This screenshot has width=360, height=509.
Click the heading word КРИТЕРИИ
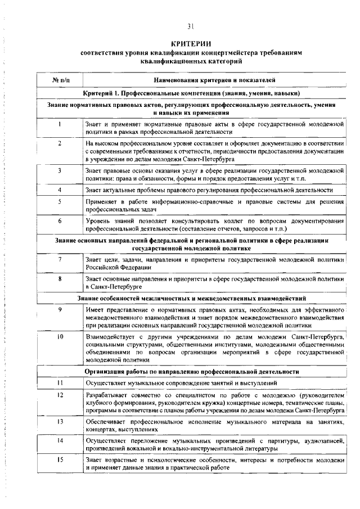(191, 43)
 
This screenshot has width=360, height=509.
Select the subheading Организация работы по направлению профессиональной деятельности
(192, 372)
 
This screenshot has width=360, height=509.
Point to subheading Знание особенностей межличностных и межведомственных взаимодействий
(191, 297)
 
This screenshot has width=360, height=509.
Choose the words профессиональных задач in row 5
(118, 209)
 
